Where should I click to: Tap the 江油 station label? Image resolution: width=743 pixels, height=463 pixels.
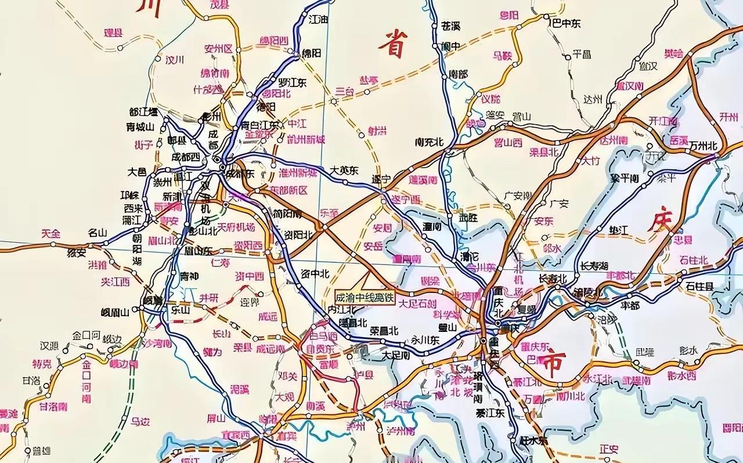tap(319, 18)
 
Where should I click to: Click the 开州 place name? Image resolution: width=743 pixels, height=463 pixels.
tap(728, 116)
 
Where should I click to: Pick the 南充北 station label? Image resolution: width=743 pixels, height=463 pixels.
tap(429, 142)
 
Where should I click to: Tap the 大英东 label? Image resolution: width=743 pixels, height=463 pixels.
tap(344, 171)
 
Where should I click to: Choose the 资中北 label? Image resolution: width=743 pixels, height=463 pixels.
tap(316, 273)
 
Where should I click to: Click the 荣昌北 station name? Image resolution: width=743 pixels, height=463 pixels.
tap(384, 331)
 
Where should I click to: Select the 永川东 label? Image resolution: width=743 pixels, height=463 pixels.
tap(425, 341)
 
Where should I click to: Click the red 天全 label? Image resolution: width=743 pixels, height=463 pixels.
tap(51, 233)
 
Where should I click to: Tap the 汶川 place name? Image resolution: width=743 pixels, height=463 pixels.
tap(174, 60)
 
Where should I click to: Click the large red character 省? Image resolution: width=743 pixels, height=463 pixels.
tap(392, 44)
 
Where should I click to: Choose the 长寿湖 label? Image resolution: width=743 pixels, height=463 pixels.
tap(594, 266)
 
